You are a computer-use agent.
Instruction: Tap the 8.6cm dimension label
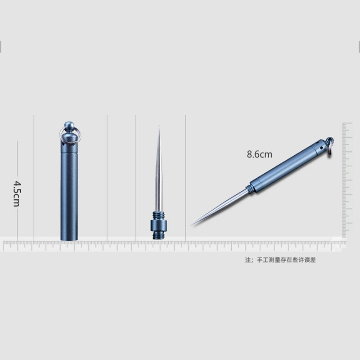259,154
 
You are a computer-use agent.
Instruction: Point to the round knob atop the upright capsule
69,126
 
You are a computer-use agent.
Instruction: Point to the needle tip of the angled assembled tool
192,224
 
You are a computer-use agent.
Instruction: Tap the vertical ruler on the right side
346,180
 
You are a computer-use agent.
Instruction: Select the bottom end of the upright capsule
69,238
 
